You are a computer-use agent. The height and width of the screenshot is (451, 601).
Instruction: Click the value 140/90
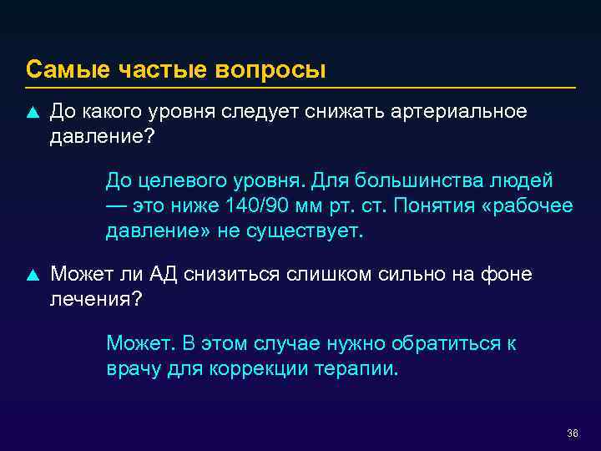(255, 205)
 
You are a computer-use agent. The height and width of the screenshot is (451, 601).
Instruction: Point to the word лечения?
(97, 298)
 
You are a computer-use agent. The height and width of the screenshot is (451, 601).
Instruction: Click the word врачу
(130, 368)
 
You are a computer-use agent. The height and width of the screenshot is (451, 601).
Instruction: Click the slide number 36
(572, 433)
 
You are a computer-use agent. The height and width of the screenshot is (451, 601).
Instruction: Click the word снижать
(346, 112)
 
